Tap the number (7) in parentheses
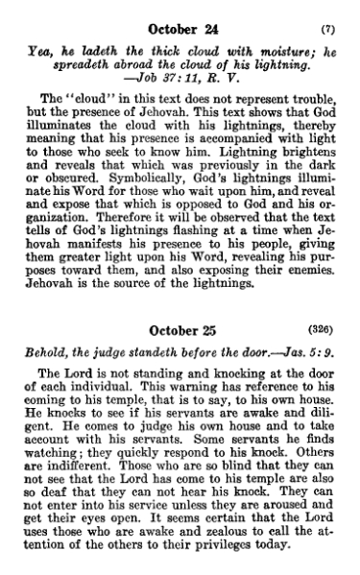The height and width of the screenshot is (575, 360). (x=326, y=30)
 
